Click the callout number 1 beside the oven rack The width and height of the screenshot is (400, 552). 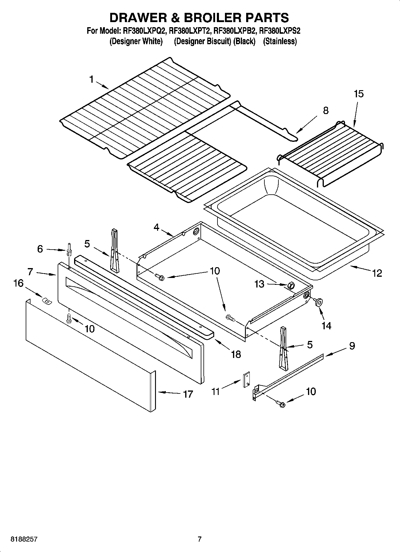pyautogui.click(x=91, y=79)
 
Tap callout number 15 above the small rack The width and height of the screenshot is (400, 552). pyautogui.click(x=358, y=94)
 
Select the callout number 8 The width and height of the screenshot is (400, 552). pyautogui.click(x=326, y=110)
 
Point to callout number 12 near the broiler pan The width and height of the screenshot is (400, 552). pyautogui.click(x=377, y=273)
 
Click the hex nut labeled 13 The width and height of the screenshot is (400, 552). pyautogui.click(x=290, y=285)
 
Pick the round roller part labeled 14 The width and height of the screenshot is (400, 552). pyautogui.click(x=318, y=303)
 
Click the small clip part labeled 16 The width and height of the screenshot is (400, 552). pyautogui.click(x=46, y=301)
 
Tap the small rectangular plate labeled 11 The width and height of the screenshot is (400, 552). pyautogui.click(x=246, y=380)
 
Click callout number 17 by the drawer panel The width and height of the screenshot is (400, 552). pyautogui.click(x=188, y=394)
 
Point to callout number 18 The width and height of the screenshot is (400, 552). pyautogui.click(x=236, y=354)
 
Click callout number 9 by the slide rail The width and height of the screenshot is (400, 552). pyautogui.click(x=352, y=346)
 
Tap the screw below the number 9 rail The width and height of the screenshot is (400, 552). pyautogui.click(x=281, y=404)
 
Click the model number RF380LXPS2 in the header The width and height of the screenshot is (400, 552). pyautogui.click(x=280, y=31)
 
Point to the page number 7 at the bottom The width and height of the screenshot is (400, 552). pyautogui.click(x=200, y=539)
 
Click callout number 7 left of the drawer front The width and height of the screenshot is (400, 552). pyautogui.click(x=30, y=272)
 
